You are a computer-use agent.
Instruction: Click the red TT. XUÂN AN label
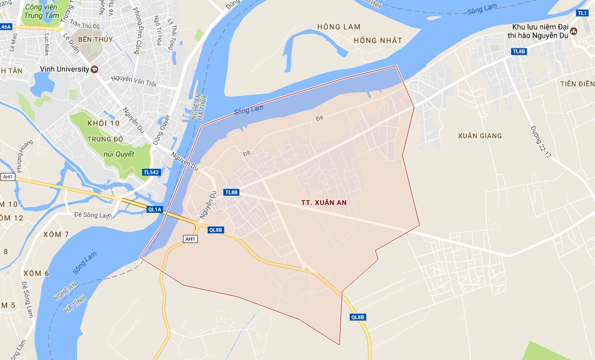pos(324,203)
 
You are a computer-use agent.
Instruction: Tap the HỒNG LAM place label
pos(339,27)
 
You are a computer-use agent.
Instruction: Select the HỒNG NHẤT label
pos(378,41)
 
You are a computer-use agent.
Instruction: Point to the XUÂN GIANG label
pos(480,136)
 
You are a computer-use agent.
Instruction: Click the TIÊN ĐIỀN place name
pos(577,84)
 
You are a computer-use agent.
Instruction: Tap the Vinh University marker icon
pos(95,69)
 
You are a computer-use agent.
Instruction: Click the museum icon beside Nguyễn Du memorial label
pos(574,31)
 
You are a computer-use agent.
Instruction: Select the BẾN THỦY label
pos(96,39)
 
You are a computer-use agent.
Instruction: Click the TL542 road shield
pos(151,172)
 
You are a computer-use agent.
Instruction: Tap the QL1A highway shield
pos(155,210)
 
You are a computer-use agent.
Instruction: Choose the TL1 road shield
pos(582,13)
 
